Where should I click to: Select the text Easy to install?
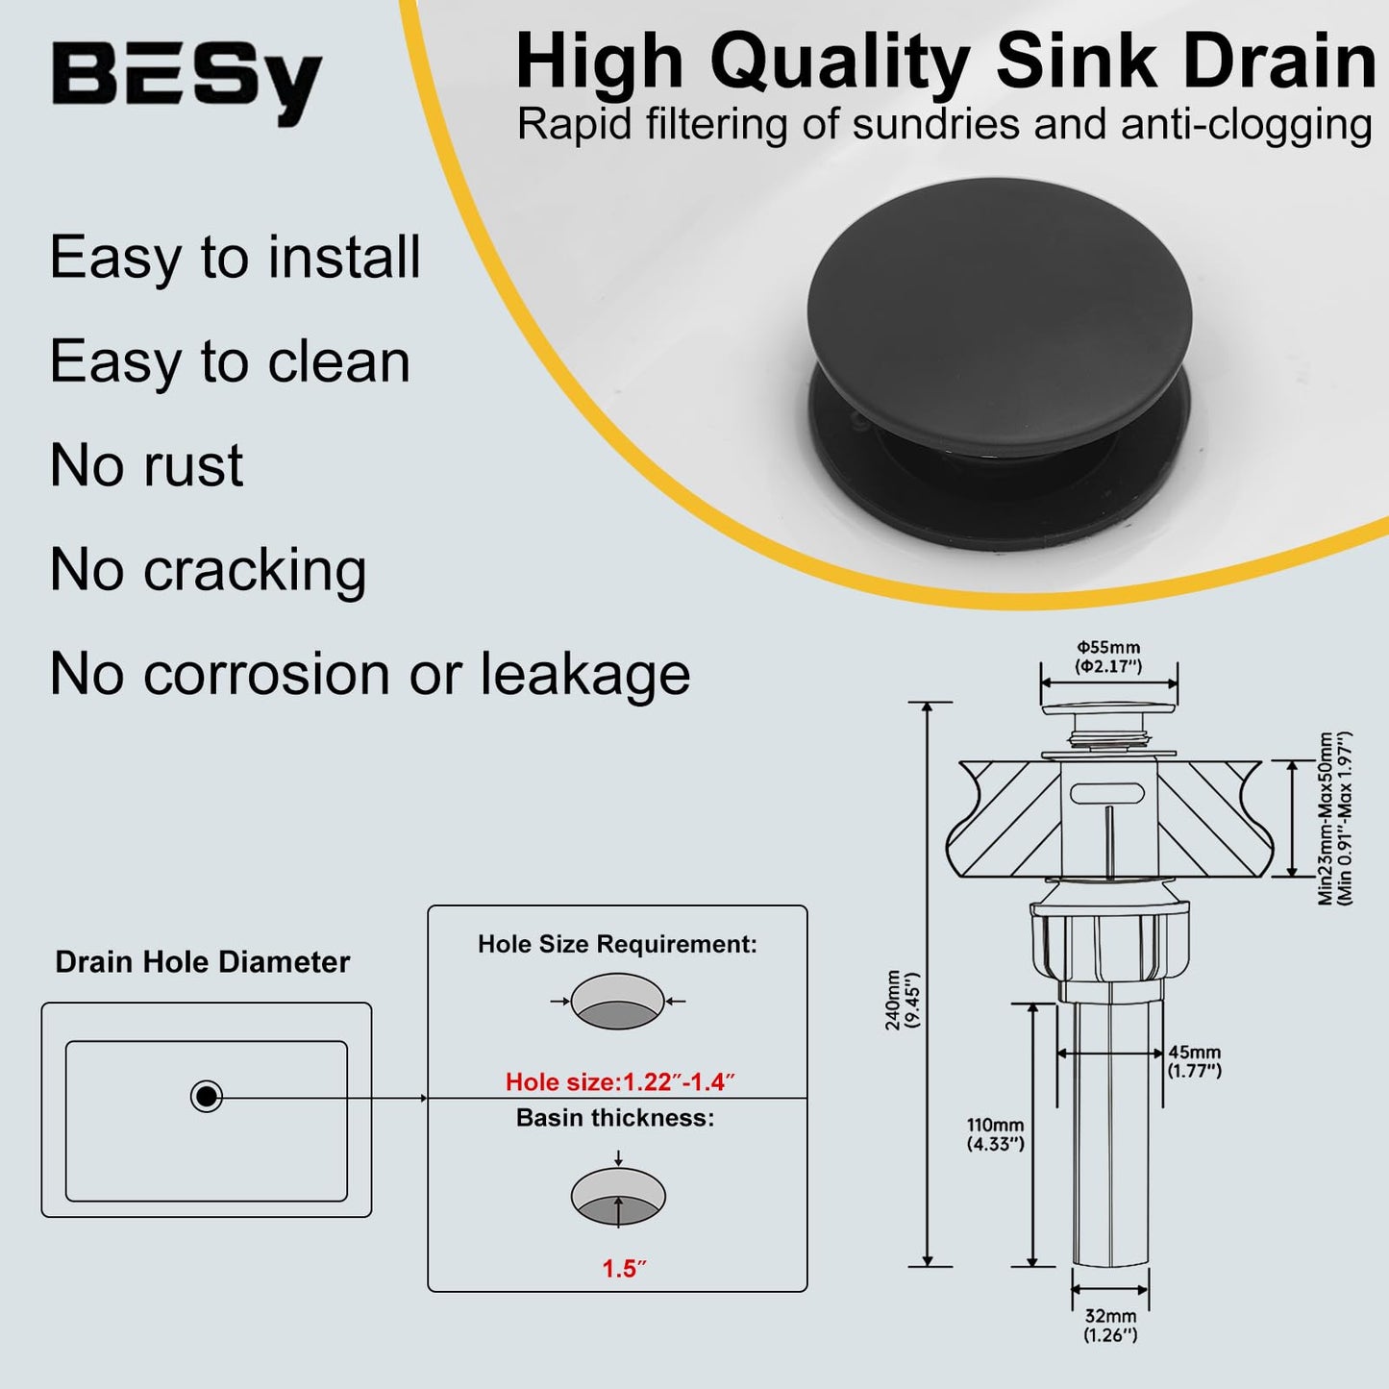point(236,258)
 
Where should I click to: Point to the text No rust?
point(146,465)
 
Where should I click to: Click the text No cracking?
point(208,570)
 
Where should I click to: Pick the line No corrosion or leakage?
point(370,674)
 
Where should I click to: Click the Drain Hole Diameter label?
point(202,962)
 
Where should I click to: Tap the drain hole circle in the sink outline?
point(207,1096)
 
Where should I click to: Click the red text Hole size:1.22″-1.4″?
point(619,1082)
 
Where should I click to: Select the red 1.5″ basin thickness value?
point(624,1269)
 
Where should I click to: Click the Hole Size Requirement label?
point(617,944)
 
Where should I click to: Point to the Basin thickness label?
point(615,1118)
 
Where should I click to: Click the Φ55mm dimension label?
point(1108,657)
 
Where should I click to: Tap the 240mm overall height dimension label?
point(903,1000)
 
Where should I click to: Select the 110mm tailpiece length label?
point(996,1134)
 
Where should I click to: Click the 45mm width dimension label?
point(1194,1061)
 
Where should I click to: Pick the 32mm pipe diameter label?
point(1110,1325)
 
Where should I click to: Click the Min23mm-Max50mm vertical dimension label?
point(1335,818)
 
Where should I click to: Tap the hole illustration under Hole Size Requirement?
point(618,1002)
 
